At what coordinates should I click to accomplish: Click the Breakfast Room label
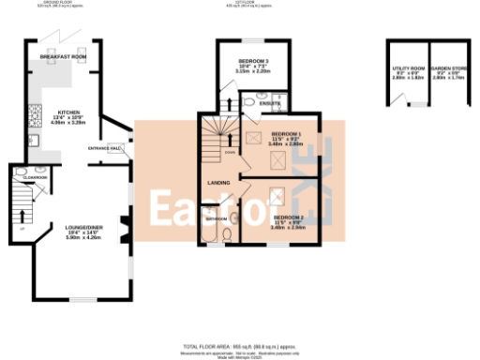63,57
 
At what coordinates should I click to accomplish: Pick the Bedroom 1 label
286,135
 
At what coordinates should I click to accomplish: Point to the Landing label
218,182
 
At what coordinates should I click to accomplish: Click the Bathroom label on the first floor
217,217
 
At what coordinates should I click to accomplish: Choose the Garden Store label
445,69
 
